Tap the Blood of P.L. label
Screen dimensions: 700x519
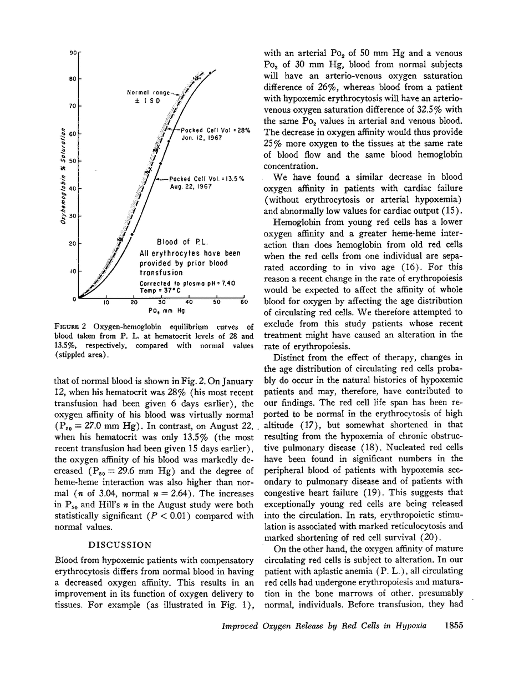[182, 242]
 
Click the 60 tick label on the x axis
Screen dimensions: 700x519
[243, 304]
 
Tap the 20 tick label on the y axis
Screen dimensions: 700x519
[73, 244]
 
